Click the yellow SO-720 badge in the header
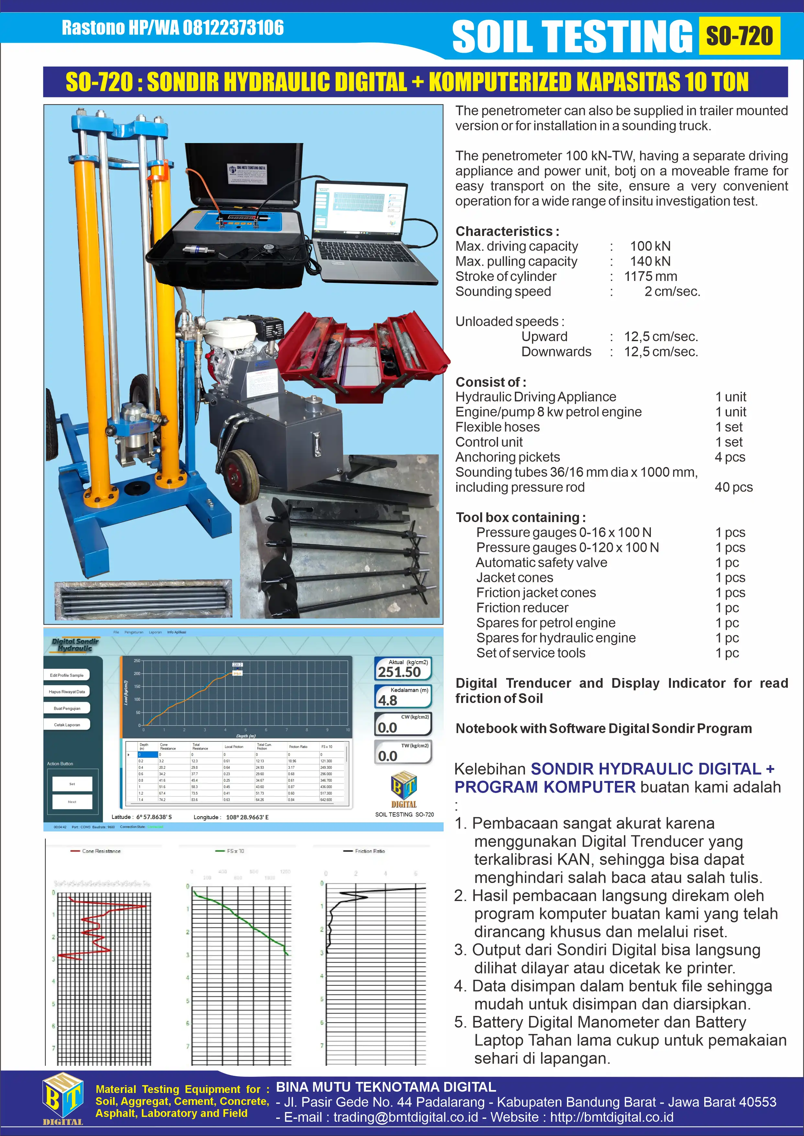[739, 36]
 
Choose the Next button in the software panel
[72, 802]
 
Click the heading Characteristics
[507, 231]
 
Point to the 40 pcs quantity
[733, 487]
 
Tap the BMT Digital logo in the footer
[62, 1099]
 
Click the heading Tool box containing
[520, 518]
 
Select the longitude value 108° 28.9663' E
[247, 817]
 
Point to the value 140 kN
[650, 261]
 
